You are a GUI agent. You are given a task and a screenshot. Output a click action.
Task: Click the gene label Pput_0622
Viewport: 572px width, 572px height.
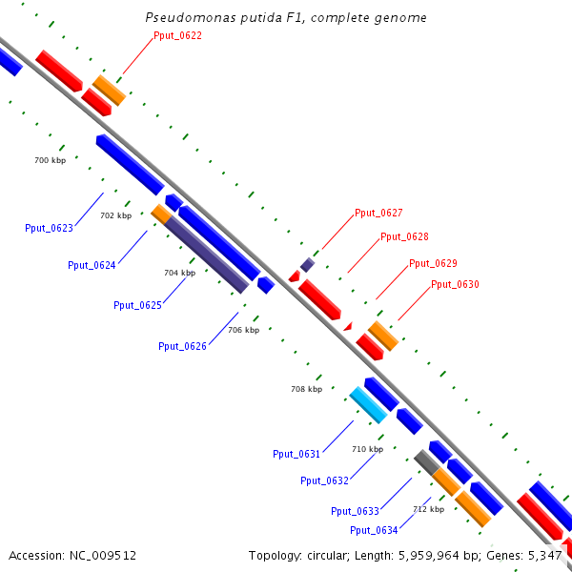coord(177,35)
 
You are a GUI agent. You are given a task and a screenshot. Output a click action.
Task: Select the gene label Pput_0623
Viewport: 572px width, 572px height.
coord(49,228)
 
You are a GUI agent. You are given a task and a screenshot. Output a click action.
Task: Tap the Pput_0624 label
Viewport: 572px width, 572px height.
coord(92,265)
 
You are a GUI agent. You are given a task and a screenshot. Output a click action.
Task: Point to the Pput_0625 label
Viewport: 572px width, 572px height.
coord(137,305)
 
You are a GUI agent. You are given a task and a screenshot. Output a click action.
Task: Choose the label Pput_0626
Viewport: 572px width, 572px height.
coord(182,346)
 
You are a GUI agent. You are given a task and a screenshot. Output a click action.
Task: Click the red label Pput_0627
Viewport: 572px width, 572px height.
coord(378,213)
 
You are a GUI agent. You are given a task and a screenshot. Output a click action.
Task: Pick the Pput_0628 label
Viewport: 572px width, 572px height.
coord(404,236)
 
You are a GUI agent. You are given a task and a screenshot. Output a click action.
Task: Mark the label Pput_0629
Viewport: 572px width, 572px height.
coord(433,263)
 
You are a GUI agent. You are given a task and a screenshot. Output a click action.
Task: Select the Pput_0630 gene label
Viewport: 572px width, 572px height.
coord(455,284)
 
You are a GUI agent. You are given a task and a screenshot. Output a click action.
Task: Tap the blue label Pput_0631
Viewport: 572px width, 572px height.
coord(296,454)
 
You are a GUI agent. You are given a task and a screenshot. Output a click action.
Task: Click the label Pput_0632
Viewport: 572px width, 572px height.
coord(324,480)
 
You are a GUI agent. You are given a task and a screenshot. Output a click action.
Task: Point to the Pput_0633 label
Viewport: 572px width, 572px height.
coord(356,511)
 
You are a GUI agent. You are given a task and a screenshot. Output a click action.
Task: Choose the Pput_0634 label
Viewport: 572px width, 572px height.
coord(374,530)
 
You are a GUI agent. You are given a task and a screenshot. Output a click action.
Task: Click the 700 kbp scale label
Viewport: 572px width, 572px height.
coord(51,160)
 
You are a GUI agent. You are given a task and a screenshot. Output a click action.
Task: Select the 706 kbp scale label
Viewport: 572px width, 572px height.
coord(243,330)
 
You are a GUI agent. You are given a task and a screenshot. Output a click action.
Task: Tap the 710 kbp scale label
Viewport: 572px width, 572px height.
coord(367,449)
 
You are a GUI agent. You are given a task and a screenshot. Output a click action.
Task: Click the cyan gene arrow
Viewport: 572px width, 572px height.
coord(368,405)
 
